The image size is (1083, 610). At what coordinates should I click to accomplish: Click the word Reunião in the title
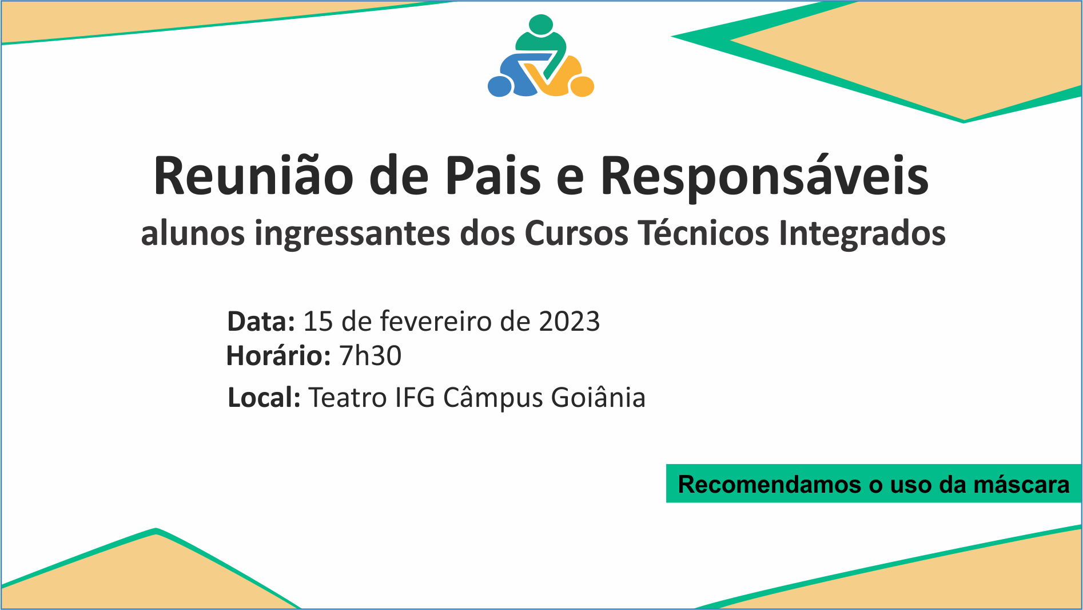254,175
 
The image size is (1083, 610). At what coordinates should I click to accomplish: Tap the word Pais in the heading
493,176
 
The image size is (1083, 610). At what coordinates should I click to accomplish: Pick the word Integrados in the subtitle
862,234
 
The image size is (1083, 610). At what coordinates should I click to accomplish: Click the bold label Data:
261,322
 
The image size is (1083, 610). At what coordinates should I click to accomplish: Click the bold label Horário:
278,356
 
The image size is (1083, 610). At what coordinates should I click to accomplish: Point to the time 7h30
371,356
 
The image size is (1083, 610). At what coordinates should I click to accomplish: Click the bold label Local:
264,397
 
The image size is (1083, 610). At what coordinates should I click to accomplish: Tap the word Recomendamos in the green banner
769,484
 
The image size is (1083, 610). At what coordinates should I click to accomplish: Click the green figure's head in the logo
541,24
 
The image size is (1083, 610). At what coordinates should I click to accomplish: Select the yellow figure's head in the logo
582,86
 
